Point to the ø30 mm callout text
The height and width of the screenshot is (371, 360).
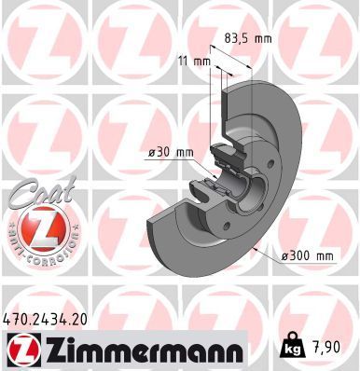click(x=171, y=153)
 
